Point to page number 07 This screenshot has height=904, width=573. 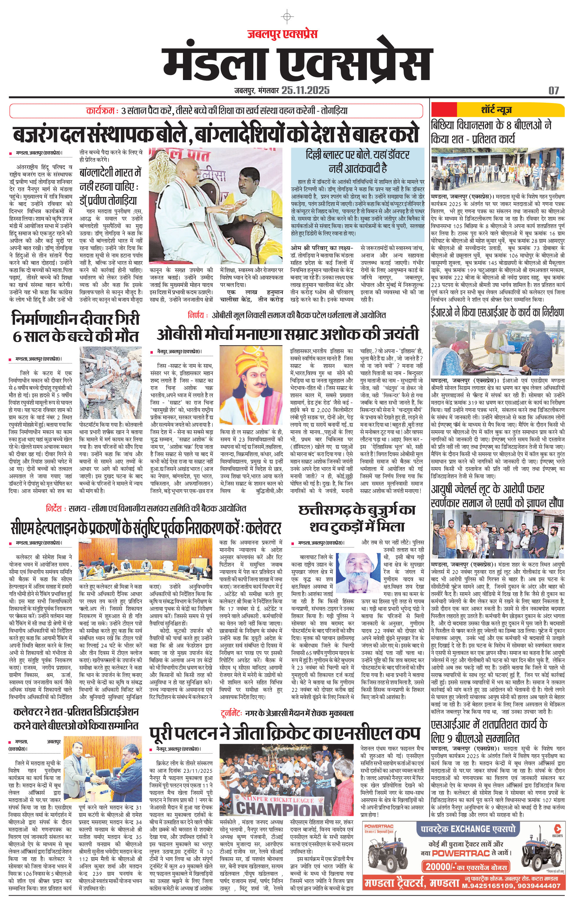coord(554,90)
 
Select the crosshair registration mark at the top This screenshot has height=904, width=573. coord(287,17)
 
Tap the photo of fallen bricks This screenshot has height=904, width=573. coord(111,383)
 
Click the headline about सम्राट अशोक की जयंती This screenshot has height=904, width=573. coord(287,334)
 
